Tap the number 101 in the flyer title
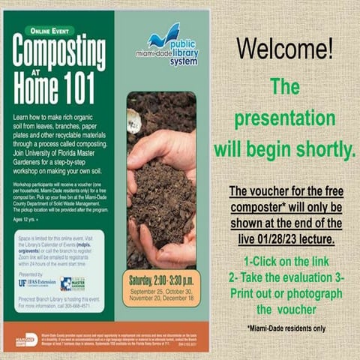pos(88,90)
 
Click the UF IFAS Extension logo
pos(38,283)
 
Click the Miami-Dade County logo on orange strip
pos(25,340)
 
